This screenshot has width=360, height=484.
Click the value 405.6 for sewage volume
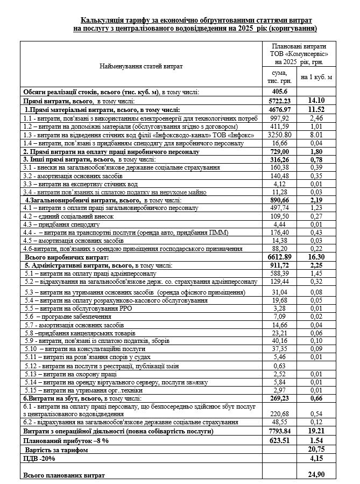pos(277,92)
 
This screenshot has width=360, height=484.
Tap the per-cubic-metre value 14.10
pos(316,101)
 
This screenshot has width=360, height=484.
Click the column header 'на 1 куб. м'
pos(316,76)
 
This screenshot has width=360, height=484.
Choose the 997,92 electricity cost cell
pos(277,117)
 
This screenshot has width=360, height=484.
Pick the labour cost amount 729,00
pos(277,152)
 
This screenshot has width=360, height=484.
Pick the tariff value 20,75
pos(316,448)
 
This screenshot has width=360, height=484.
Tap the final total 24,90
pos(316,475)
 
